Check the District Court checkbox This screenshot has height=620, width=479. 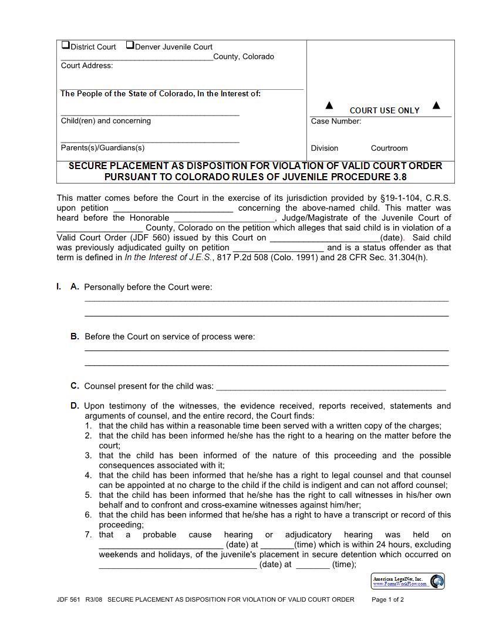coord(66,45)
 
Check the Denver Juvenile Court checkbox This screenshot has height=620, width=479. coord(130,45)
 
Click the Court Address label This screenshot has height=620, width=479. coord(87,66)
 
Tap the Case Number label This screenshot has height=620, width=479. coord(336,122)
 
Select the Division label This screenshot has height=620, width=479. coord(325,149)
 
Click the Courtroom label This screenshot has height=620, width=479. coord(389,149)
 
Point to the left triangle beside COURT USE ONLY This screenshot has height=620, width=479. coord(329,106)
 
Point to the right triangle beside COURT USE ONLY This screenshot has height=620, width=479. coord(436,106)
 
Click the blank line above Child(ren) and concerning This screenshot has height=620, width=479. coord(150,114)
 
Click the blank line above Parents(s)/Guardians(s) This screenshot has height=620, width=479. coord(150,141)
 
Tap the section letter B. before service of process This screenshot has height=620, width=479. coord(75,337)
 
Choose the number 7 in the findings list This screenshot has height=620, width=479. coord(88,535)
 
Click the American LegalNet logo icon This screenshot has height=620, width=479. coord(437,581)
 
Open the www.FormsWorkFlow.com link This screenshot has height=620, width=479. coord(400,584)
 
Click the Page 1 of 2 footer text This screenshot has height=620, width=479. coord(388,600)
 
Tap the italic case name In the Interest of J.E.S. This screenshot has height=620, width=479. coord(167,257)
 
